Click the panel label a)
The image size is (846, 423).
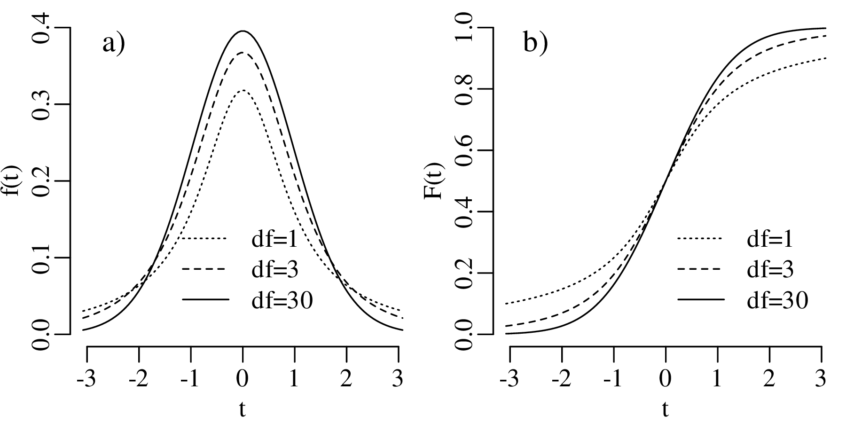pyautogui.click(x=114, y=45)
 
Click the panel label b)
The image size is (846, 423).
pyautogui.click(x=535, y=45)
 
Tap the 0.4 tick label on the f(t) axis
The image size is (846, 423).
pyautogui.click(x=41, y=28)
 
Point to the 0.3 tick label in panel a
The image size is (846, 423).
pyautogui.click(x=41, y=104)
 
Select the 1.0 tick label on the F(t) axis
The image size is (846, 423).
pyautogui.click(x=464, y=28)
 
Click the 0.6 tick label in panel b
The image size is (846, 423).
pyautogui.click(x=464, y=150)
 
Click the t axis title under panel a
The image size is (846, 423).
pyautogui.click(x=243, y=410)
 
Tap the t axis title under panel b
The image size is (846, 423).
pyautogui.click(x=666, y=410)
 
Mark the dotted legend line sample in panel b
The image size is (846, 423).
pyautogui.click(x=699, y=239)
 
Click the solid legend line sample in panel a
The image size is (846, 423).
pyautogui.click(x=205, y=300)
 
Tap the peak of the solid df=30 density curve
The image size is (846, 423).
pyautogui.click(x=243, y=31)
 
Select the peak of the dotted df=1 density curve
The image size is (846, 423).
pyautogui.click(x=243, y=90)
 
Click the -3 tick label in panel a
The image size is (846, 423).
pyautogui.click(x=86, y=379)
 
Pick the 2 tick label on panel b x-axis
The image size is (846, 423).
pyautogui.click(x=769, y=379)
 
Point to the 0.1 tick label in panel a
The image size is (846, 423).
pyautogui.click(x=41, y=258)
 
